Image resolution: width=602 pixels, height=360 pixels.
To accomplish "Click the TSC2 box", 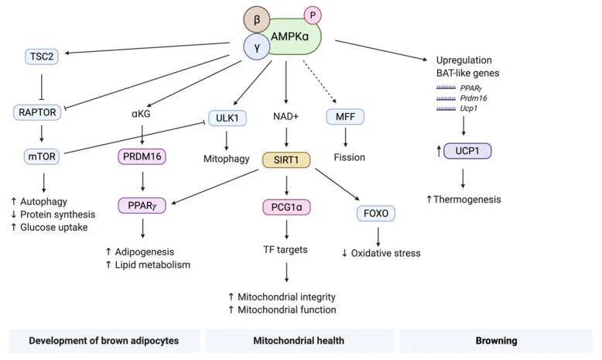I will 36,56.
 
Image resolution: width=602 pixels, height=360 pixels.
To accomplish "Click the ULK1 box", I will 226,118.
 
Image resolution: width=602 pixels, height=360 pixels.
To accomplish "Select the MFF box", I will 345,118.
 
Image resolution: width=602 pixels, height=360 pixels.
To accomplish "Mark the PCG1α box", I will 286,207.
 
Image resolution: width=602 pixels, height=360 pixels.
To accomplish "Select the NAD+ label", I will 286,118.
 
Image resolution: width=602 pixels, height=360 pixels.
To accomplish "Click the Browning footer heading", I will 495,340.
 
